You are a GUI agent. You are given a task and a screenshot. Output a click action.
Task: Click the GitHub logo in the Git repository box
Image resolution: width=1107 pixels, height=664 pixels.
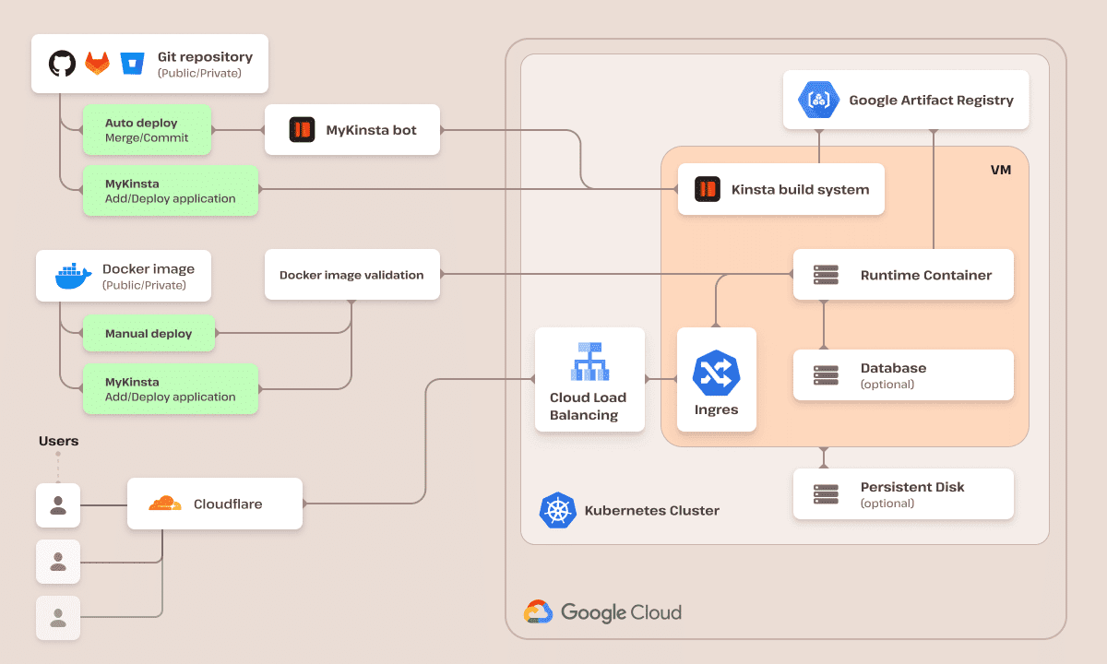coord(62,64)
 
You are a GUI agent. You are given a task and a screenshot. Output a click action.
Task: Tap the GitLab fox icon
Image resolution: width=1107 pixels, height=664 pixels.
coord(97,64)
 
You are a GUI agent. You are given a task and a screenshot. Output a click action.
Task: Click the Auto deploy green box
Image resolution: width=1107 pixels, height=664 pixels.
coord(148,130)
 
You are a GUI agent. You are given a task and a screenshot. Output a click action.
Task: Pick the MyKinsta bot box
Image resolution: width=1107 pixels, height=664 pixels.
coord(352,130)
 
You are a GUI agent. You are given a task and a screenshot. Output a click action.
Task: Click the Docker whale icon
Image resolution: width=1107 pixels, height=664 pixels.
coord(73,276)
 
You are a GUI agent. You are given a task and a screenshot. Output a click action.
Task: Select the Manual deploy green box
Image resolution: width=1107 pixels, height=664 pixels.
coord(149,334)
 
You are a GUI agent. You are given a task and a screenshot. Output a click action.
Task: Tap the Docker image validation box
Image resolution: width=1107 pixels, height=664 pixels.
coord(351,275)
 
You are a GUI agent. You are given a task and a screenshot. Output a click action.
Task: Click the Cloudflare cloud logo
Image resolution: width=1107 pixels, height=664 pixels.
coord(166,504)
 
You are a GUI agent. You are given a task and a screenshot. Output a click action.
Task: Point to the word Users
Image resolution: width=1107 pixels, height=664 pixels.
coord(58,441)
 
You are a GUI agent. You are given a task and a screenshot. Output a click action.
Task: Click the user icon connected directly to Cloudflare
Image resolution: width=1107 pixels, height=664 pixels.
coord(58,504)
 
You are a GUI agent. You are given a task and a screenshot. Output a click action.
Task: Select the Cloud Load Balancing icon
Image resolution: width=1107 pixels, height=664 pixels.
coord(589,362)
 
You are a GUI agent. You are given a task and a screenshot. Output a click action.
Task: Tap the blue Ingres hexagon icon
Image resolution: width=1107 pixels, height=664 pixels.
coord(717,373)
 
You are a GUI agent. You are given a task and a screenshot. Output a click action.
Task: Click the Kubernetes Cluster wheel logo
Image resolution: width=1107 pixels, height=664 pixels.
coord(557,511)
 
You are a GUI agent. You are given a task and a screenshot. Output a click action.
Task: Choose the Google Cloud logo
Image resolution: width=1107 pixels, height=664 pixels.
coord(539,612)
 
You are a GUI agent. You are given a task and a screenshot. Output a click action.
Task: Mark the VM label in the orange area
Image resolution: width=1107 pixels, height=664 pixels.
coord(1001,171)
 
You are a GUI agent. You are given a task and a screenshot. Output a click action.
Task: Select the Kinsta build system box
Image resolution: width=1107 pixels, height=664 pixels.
coord(780,189)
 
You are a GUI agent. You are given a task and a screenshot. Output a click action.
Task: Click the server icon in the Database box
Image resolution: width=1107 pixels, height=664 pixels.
coord(826,375)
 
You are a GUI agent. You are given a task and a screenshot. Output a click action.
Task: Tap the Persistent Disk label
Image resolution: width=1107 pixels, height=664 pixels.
coord(911,487)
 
